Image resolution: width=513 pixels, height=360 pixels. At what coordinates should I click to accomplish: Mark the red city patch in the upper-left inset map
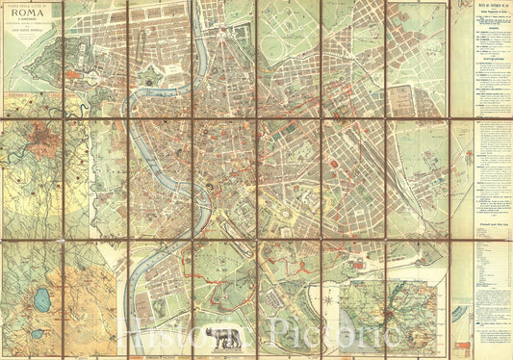tap(39, 152)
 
